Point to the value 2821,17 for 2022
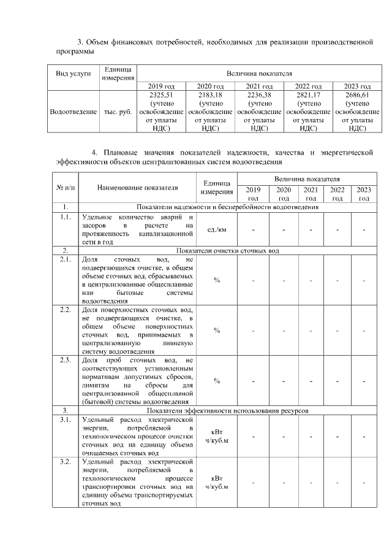click(309, 96)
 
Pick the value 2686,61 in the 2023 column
click(357, 96)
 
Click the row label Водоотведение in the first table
click(73, 113)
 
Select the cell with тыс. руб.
click(119, 113)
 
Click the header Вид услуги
click(73, 74)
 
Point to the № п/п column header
click(65, 188)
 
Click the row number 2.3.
click(65, 360)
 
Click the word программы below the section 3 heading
click(69, 51)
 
